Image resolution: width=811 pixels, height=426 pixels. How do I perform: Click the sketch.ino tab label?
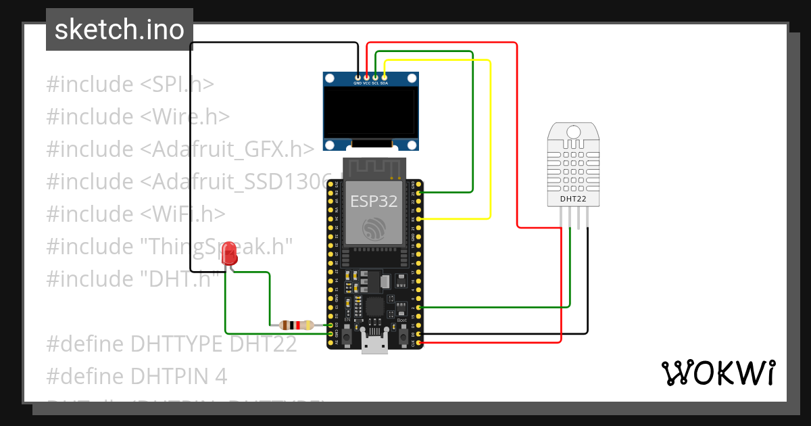(119, 30)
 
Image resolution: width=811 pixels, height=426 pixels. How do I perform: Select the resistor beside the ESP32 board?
(291, 325)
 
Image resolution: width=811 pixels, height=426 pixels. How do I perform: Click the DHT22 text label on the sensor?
(574, 199)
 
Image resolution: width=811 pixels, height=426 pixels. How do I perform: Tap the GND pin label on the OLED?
(358, 83)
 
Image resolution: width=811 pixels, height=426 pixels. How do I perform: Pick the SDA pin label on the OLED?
(384, 83)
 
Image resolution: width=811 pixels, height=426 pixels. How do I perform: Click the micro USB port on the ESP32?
(374, 344)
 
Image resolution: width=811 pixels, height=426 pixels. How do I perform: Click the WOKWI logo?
(718, 373)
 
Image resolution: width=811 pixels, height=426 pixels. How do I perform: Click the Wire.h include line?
(138, 117)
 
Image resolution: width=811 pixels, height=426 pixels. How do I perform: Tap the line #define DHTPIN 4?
(137, 376)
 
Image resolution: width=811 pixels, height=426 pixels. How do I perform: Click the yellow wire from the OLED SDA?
(489, 135)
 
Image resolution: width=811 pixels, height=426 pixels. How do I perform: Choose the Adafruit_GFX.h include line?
(180, 149)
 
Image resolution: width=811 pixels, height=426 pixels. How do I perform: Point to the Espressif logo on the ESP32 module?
(373, 229)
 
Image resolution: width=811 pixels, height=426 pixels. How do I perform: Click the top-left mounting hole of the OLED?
(330, 79)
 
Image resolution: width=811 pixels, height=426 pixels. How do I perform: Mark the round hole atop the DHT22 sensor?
(574, 131)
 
